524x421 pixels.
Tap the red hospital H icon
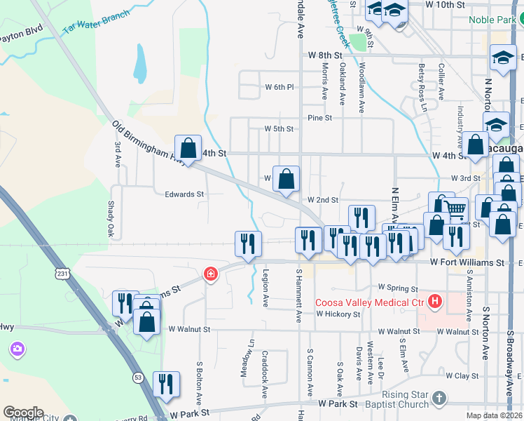coord(435,302)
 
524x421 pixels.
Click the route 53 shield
coord(137,377)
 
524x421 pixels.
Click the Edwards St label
coord(184,194)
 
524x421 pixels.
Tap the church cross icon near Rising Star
coord(439,399)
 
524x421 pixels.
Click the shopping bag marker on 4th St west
coord(188,149)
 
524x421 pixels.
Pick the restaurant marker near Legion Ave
coord(248,243)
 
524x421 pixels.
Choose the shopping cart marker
coord(456,209)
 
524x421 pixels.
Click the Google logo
coord(23,413)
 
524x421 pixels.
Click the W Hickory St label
coord(338,314)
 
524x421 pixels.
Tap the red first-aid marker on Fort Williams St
coord(209,274)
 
